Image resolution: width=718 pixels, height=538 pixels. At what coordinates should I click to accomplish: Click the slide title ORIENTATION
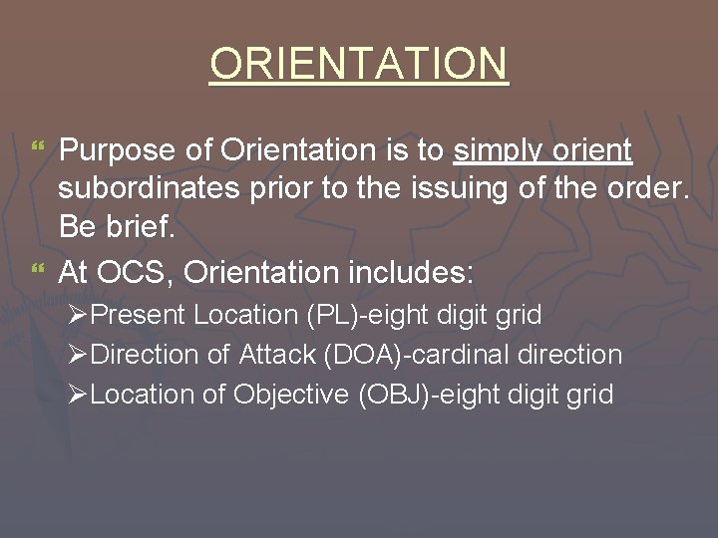coord(359,65)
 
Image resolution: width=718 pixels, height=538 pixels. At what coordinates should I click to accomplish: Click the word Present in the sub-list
coord(145,316)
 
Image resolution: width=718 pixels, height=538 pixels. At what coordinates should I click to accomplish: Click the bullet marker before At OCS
coord(38,270)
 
